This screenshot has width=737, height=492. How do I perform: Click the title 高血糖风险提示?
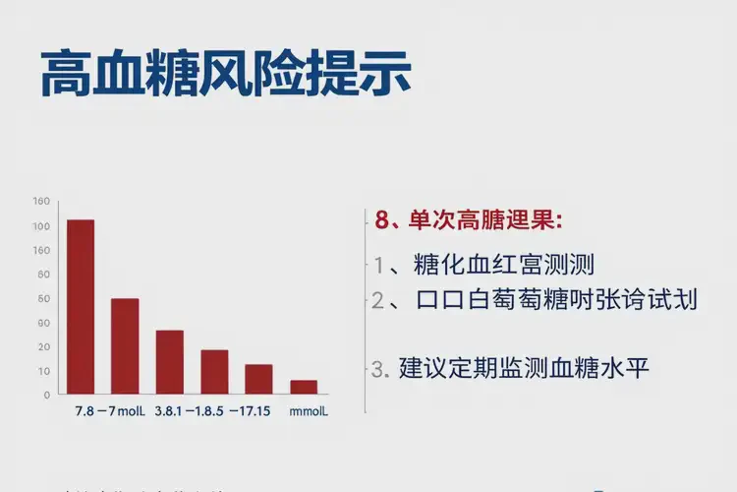click(x=225, y=74)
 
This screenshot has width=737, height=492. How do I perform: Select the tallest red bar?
click(x=81, y=306)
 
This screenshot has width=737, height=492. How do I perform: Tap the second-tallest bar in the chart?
click(x=125, y=345)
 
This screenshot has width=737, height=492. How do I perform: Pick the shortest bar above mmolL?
click(x=304, y=387)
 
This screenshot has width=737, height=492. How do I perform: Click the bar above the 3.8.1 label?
click(x=170, y=361)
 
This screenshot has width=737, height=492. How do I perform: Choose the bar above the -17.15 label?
click(x=258, y=379)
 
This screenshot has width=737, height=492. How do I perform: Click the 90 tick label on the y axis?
click(x=42, y=323)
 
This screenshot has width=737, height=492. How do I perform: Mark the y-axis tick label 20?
click(x=42, y=347)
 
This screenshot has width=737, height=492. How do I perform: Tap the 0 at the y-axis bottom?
click(x=45, y=395)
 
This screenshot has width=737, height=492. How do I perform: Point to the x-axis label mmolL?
click(x=309, y=410)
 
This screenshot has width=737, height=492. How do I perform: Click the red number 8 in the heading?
click(x=383, y=219)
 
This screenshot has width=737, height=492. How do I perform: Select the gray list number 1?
click(x=379, y=265)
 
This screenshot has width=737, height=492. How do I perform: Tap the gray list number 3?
click(x=379, y=370)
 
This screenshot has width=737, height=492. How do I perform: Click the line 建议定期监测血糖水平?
click(x=524, y=369)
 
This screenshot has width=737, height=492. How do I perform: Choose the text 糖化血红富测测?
click(x=504, y=264)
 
